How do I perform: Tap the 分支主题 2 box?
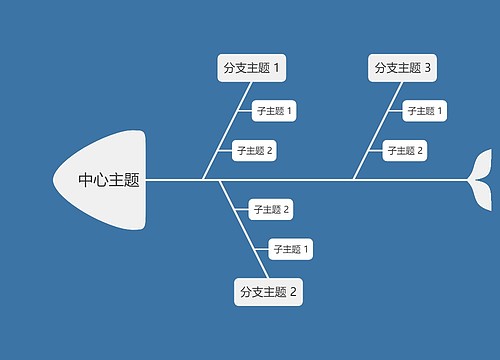coord(268,292)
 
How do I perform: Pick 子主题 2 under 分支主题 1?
coord(254,151)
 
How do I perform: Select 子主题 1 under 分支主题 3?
coord(424,110)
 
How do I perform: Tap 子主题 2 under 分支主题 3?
coord(404,151)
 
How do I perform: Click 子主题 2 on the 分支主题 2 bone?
coord(271,209)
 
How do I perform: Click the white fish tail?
coord(482,179)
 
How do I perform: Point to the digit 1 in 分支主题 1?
coord(277,68)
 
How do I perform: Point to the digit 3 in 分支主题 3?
coord(428,68)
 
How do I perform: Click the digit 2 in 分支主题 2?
coord(293,292)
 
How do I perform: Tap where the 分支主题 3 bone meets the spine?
coord(353,180)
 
